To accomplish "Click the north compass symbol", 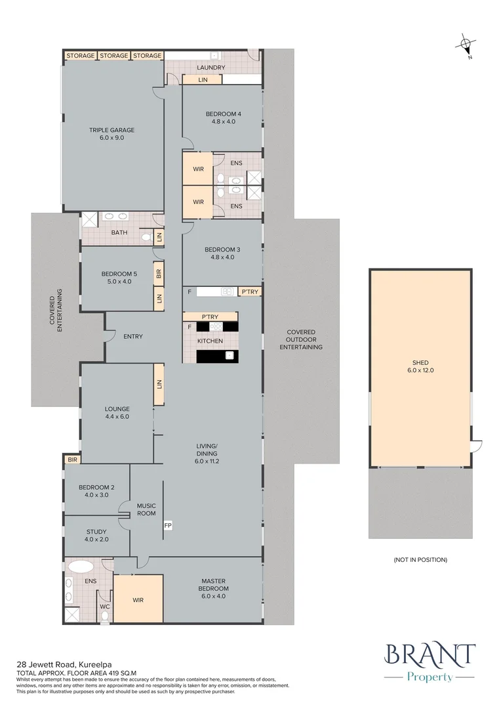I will click(466, 45).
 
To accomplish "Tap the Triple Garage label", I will click(106, 134).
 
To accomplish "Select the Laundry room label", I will click(210, 68).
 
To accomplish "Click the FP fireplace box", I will click(168, 526).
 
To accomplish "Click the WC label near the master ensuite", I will click(104, 607).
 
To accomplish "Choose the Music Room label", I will click(146, 509).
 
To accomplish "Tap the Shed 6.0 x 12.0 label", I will click(420, 366).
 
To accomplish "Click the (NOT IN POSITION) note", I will click(420, 559).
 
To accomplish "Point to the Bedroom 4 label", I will click(222, 118).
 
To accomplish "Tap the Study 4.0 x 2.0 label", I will click(96, 535).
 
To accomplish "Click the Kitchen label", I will click(210, 341).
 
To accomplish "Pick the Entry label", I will click(132, 337).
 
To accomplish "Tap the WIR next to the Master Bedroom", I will click(138, 600).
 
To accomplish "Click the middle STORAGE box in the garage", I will click(114, 56).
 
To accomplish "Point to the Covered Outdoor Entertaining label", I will click(301, 339).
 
